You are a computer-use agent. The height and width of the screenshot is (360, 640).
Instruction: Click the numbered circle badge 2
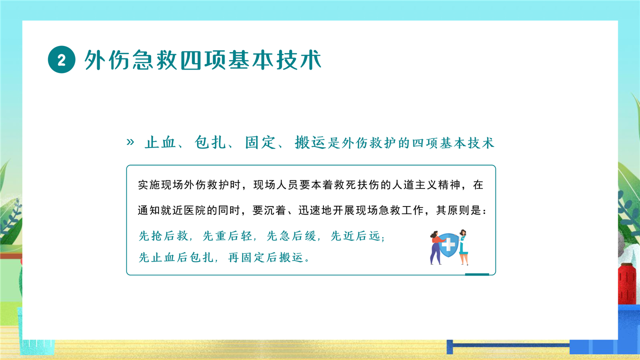pyautogui.click(x=61, y=59)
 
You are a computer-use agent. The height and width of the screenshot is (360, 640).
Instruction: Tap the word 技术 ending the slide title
pyautogui.click(x=299, y=59)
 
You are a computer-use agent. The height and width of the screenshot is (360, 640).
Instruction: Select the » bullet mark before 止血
pyautogui.click(x=130, y=141)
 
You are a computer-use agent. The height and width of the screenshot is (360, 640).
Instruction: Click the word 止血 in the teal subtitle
pyautogui.click(x=160, y=142)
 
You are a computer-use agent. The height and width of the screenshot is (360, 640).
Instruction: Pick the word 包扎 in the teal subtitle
pyautogui.click(x=210, y=142)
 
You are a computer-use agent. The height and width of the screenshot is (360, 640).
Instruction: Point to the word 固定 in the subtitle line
pyautogui.click(x=260, y=142)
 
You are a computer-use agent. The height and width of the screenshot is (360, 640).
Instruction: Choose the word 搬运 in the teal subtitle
pyautogui.click(x=310, y=142)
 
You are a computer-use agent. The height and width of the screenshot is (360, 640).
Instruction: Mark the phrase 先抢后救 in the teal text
pyautogui.click(x=163, y=236)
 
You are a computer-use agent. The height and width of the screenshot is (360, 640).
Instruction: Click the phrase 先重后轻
pyautogui.click(x=227, y=236)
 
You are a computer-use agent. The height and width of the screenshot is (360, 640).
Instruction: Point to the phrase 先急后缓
pyautogui.click(x=291, y=236)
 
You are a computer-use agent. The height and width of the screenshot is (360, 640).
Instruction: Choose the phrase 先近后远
pyautogui.click(x=355, y=236)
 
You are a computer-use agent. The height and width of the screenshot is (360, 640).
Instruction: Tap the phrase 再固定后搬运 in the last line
pyautogui.click(x=265, y=257)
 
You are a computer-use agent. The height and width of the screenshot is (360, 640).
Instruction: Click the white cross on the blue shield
pyautogui.click(x=448, y=244)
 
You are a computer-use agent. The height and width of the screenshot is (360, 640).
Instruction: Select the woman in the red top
pyautogui.click(x=436, y=247)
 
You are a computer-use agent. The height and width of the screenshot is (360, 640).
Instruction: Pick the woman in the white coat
pyautogui.click(x=463, y=247)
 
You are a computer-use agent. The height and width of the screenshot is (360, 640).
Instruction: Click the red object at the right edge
pyautogui.click(x=627, y=284)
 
